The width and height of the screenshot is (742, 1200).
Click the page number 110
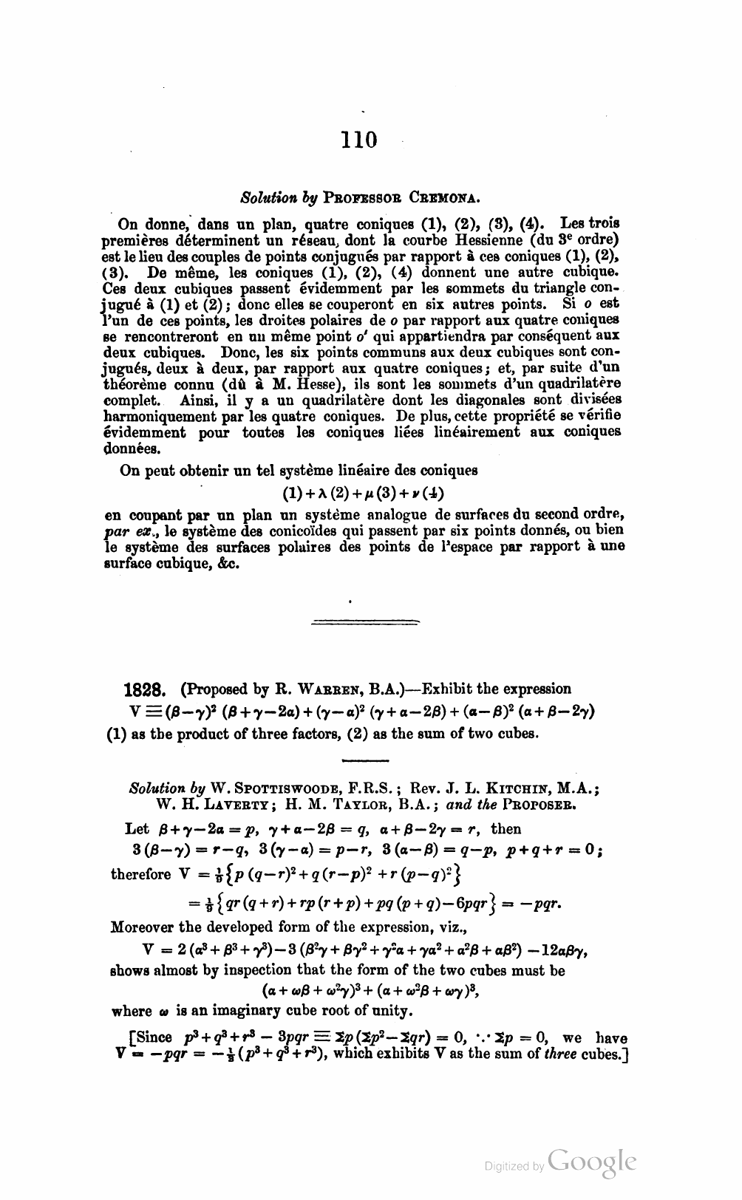point(359,140)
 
